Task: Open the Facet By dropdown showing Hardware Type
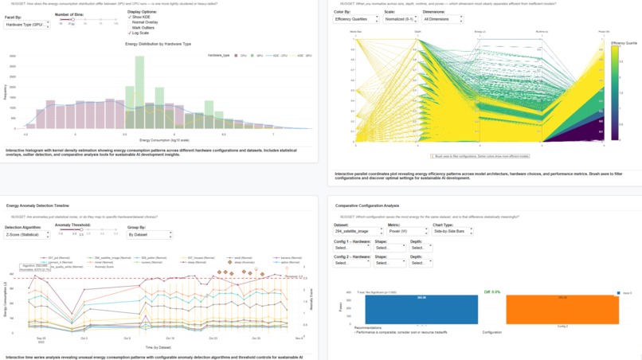click(26, 25)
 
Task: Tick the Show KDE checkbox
click(130, 17)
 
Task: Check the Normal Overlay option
click(130, 22)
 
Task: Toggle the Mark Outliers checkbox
click(130, 28)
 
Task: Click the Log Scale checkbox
click(130, 33)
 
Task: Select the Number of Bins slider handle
click(72, 20)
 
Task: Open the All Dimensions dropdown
click(443, 19)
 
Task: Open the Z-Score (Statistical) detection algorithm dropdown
click(27, 235)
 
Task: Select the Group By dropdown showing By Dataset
click(150, 235)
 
